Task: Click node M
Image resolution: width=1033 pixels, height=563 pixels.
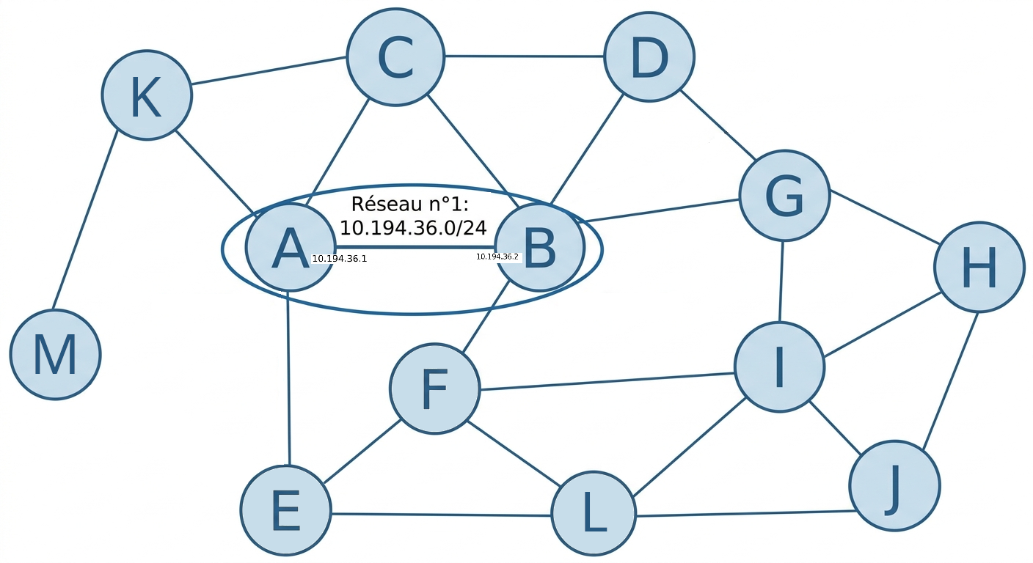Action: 55,354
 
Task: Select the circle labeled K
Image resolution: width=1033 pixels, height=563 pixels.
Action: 147,95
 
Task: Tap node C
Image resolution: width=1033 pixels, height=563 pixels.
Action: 395,57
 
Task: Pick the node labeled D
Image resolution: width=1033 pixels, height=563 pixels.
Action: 649,56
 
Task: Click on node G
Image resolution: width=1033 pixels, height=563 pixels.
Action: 784,196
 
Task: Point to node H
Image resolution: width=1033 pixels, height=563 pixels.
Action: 979,268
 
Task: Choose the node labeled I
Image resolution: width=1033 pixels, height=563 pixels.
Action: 779,367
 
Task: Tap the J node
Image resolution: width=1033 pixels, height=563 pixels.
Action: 894,485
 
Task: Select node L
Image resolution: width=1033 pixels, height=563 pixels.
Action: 594,512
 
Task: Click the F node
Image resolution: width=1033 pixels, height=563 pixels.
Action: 434,389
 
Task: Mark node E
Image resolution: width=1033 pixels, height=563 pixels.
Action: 285,510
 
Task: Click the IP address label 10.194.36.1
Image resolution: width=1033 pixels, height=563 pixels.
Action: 339,259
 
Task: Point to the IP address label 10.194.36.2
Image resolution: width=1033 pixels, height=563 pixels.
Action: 497,257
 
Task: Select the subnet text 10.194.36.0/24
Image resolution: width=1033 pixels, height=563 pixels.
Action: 413,227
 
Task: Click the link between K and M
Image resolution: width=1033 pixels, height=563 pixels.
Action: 85,220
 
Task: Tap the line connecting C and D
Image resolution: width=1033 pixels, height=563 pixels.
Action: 525,56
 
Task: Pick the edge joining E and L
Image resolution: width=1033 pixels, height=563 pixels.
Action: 440,515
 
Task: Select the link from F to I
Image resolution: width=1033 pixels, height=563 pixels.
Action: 607,381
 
